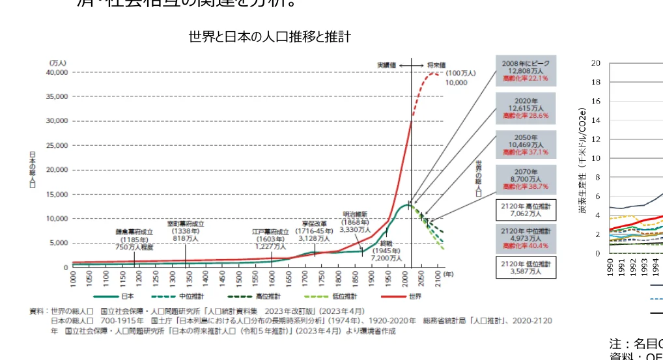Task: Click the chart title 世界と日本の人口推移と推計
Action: point(270,37)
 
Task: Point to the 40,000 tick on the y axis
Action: point(57,72)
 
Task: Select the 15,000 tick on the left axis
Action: point(57,194)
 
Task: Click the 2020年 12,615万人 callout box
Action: point(526,108)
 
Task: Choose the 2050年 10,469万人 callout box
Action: point(526,145)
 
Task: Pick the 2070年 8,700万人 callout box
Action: point(526,179)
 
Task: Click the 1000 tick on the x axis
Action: point(73,279)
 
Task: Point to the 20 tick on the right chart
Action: point(595,63)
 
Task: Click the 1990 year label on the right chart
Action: point(610,268)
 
